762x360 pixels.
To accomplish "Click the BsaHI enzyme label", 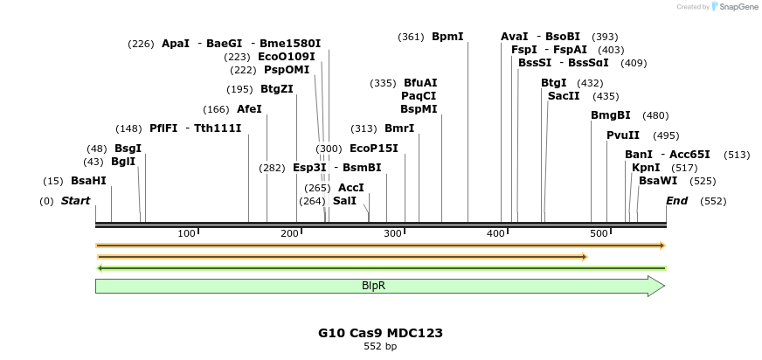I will (88, 181).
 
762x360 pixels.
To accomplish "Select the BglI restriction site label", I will (123, 162).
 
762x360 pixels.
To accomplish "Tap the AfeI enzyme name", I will (249, 109).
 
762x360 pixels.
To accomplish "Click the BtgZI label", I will (277, 88).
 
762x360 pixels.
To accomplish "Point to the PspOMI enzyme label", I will (287, 70).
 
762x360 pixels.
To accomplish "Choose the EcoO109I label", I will (287, 56).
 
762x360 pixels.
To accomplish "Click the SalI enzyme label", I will (344, 201).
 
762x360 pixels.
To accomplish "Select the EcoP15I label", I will (373, 149).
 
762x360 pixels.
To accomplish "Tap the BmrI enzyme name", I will (399, 128).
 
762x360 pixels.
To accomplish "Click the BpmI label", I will (447, 37).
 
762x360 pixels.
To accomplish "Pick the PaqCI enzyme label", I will (419, 95).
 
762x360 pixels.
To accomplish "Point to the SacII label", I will (564, 96).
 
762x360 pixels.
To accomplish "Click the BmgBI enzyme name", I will (610, 115).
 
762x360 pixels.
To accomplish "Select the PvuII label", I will (623, 135).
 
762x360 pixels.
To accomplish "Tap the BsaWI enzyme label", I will (658, 181).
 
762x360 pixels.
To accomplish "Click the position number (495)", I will (666, 135).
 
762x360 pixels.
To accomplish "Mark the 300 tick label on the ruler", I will (392, 233).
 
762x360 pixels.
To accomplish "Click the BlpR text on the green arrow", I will (374, 286).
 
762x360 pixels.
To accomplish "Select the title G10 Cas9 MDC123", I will (380, 333).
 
